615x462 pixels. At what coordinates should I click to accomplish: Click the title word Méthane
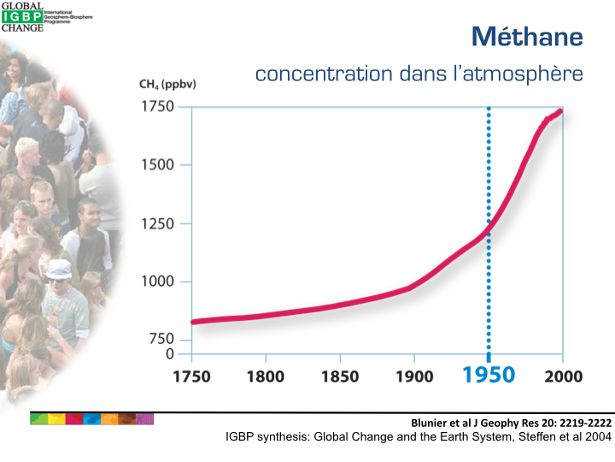(x=526, y=37)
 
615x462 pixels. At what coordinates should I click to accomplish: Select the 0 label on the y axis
(x=169, y=353)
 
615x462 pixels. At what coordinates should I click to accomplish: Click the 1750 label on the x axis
(x=191, y=376)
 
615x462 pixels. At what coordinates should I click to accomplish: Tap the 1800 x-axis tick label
(x=266, y=376)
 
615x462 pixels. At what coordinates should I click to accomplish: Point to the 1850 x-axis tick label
(x=340, y=376)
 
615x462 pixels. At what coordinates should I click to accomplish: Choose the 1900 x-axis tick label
(x=414, y=376)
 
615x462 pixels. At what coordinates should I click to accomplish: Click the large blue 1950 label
(x=489, y=376)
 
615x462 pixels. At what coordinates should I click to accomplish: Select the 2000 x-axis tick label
(x=562, y=376)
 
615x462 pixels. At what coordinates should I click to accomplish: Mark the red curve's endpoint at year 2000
(x=561, y=110)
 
